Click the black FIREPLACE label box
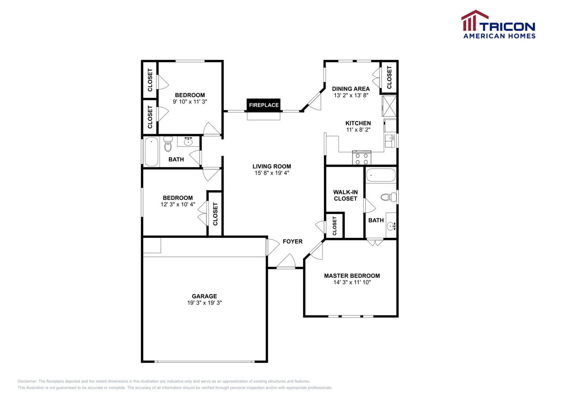[263, 105]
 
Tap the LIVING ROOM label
[272, 166]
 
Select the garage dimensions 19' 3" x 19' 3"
[205, 303]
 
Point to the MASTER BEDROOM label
[352, 276]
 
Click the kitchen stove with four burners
[362, 157]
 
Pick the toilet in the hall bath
[167, 144]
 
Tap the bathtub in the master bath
[381, 175]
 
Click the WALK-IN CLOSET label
[345, 195]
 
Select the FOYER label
[292, 241]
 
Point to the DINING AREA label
[351, 89]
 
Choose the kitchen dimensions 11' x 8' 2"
[358, 130]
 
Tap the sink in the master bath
[391, 226]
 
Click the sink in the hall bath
[188, 142]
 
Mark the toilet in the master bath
[388, 197]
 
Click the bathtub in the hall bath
[151, 152]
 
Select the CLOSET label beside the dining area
[389, 77]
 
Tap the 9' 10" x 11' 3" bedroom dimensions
[190, 102]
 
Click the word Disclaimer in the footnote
[27, 381]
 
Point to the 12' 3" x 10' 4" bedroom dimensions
[178, 204]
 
